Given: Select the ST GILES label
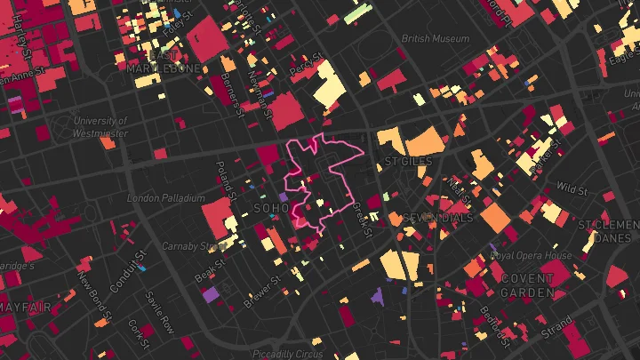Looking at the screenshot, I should click(x=406, y=162).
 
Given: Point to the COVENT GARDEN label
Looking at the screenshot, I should click(x=527, y=284).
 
